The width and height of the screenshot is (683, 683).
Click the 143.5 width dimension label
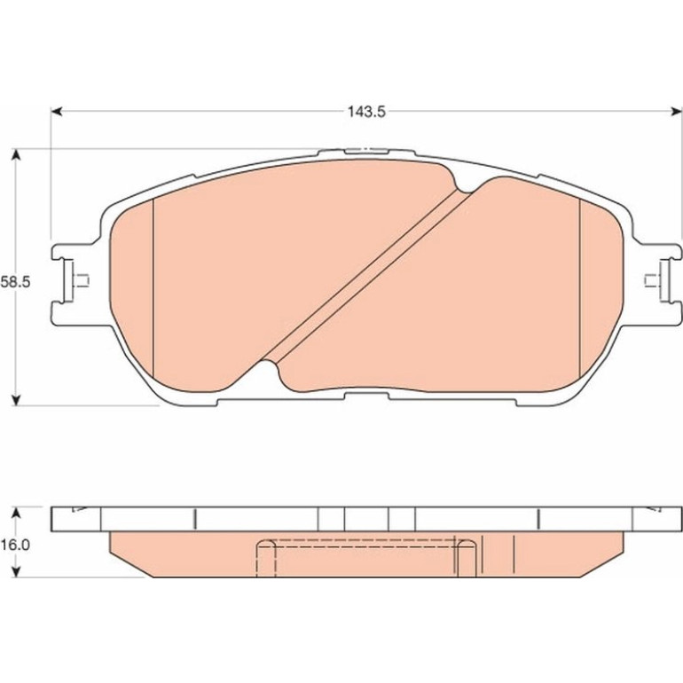click(x=366, y=112)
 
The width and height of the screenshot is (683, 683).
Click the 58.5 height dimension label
click(x=15, y=282)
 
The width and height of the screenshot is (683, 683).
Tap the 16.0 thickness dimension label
click(x=15, y=545)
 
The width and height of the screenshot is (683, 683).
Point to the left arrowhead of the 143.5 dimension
click(x=57, y=112)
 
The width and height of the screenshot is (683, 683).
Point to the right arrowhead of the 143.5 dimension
click(x=676, y=112)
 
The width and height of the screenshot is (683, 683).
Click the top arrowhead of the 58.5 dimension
click(x=16, y=155)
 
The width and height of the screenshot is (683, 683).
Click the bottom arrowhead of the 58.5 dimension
click(x=16, y=400)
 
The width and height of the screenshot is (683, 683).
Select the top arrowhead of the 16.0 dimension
click(x=16, y=513)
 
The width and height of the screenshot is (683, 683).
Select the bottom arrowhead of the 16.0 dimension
click(x=16, y=572)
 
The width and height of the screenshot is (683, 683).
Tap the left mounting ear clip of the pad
click(x=75, y=280)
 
